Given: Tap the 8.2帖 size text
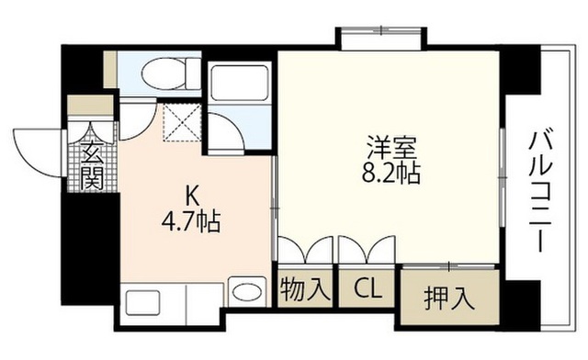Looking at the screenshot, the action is [x=390, y=173].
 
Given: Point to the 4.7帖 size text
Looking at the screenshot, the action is [x=191, y=221].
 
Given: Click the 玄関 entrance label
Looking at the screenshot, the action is [x=92, y=165].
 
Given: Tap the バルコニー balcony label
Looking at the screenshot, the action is [x=540, y=191].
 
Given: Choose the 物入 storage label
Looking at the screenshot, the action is [x=306, y=288].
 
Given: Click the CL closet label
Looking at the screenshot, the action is [x=367, y=288].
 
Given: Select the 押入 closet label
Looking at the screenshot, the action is [x=449, y=298].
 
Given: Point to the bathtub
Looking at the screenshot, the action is [x=240, y=82].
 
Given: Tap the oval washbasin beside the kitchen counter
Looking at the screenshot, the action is [x=247, y=291].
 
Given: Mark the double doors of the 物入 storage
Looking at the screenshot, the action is [x=305, y=249].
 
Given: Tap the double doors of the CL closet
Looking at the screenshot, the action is [x=367, y=249].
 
